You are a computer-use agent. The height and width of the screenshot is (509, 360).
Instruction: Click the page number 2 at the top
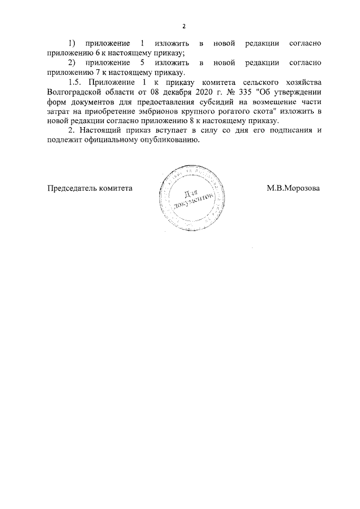point(183,26)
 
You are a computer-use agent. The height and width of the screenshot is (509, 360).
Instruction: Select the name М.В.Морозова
point(293,188)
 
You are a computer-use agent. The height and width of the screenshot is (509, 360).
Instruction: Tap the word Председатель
point(71,188)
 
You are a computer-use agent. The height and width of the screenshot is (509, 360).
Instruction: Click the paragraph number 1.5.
point(75,83)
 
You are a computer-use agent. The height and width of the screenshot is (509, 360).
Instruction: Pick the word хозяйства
point(301,83)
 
